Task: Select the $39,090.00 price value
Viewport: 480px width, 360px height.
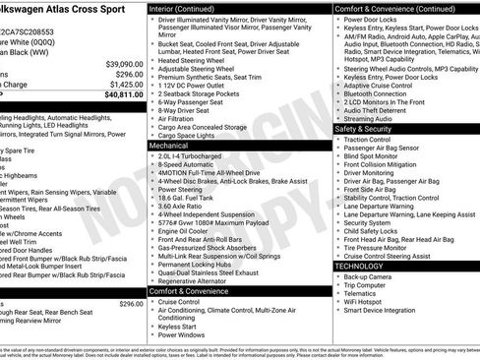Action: tap(121, 61)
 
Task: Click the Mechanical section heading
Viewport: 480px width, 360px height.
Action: tap(170, 144)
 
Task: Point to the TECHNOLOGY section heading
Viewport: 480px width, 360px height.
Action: tap(359, 266)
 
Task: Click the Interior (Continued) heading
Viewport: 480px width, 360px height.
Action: tap(190, 7)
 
